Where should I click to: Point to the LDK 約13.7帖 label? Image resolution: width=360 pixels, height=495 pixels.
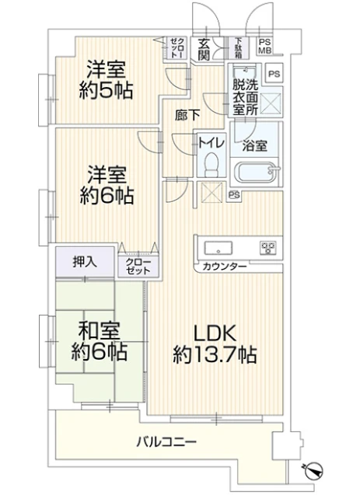pos(215,345)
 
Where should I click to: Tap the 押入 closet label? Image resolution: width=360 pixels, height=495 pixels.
pos(85,261)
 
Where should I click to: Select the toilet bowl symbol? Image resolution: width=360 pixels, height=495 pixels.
pos(210,166)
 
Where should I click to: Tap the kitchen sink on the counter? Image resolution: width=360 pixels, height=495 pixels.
pos(217,249)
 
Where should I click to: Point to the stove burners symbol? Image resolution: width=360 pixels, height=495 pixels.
pos(268,249)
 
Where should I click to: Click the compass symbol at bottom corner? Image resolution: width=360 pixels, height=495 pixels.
pos(315,469)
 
